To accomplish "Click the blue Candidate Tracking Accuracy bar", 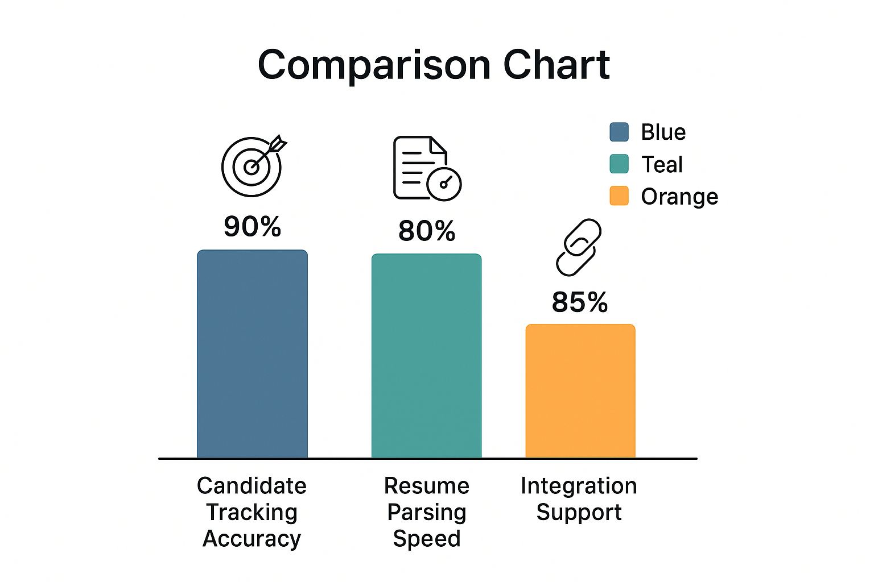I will coord(252,354).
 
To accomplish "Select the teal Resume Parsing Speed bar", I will coord(426,356).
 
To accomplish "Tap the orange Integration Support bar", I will coord(580,391).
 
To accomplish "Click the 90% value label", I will coord(252,227).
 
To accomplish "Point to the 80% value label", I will coord(427,231).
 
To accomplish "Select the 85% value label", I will coord(580,302).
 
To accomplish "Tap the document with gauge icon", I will coord(426,168).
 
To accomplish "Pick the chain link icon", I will coord(578,247).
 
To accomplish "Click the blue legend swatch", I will coord(619,132).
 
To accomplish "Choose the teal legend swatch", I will coord(619,164).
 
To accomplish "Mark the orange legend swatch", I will coord(619,196).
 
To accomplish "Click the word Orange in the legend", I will coord(679,197).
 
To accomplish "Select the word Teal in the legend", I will coord(662,164).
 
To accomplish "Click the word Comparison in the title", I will coord(374,65).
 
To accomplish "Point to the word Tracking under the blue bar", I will coord(252,512).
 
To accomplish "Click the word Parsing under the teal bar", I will coord(426,513).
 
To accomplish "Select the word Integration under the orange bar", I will coord(579,486).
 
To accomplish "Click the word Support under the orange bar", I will coord(579,513).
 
